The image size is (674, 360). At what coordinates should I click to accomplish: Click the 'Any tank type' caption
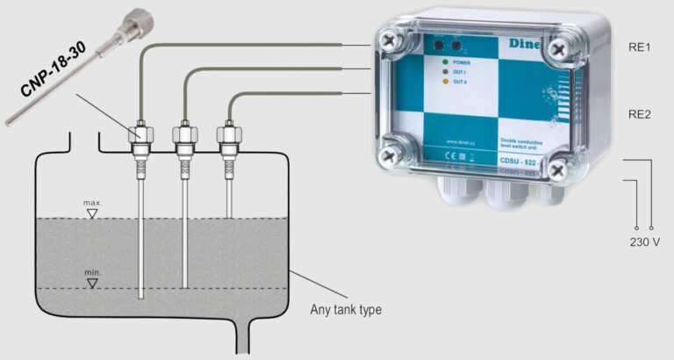click(x=346, y=310)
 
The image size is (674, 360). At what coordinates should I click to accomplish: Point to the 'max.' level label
click(x=93, y=203)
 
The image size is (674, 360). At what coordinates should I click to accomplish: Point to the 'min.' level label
click(x=93, y=273)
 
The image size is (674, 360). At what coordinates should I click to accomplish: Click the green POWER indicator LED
click(x=447, y=62)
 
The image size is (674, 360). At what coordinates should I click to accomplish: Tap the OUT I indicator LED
click(x=447, y=73)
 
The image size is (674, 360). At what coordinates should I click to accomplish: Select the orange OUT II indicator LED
click(x=447, y=83)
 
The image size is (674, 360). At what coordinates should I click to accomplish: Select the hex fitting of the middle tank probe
click(x=184, y=135)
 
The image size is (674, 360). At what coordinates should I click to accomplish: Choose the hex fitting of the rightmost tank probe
click(x=228, y=135)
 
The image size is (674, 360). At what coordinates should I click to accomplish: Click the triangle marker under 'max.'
click(x=92, y=213)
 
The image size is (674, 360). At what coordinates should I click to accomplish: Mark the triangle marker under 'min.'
click(x=92, y=283)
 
